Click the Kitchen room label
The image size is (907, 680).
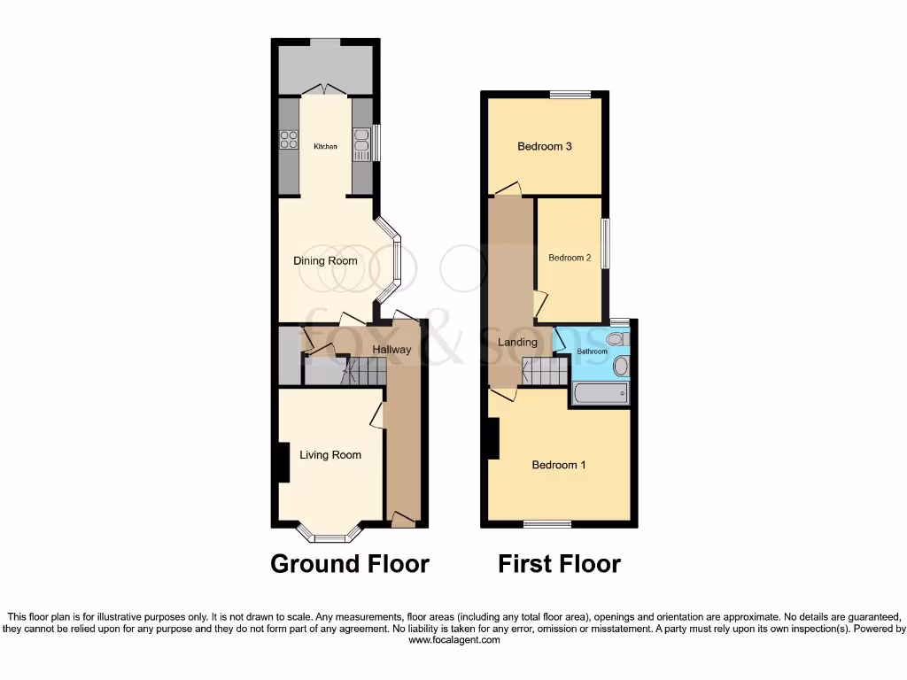tap(325, 146)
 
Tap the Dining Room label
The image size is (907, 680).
tap(325, 261)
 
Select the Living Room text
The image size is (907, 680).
tap(330, 455)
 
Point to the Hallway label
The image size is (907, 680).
tap(391, 350)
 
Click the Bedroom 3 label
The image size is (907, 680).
tap(545, 146)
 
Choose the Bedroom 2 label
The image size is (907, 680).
tap(570, 259)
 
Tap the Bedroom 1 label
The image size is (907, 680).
tap(558, 465)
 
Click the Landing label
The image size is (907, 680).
tap(517, 342)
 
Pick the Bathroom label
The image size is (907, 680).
tap(593, 352)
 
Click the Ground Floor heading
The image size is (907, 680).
tap(349, 564)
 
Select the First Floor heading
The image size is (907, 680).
tap(559, 564)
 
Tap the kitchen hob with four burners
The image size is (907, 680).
tap(289, 139)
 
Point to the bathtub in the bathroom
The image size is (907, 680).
tap(601, 392)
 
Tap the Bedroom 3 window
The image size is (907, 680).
tap(570, 95)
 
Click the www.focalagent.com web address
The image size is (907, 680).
tap(453, 640)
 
